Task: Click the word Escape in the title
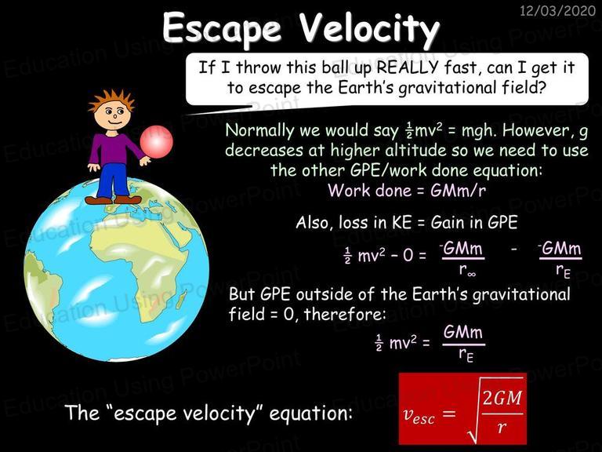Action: pos(222,27)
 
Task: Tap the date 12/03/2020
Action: pos(558,10)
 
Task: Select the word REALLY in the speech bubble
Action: pos(408,67)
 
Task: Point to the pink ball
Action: pos(156,141)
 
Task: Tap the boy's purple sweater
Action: pos(115,148)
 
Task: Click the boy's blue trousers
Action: pos(113,180)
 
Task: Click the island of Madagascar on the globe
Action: pos(180,299)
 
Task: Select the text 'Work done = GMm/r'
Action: pos(407,190)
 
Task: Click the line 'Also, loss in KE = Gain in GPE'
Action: pos(407,222)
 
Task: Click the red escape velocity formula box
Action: pos(462,409)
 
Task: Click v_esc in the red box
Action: pos(419,415)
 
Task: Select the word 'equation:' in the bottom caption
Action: pos(310,414)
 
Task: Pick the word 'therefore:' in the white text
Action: pos(345,315)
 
